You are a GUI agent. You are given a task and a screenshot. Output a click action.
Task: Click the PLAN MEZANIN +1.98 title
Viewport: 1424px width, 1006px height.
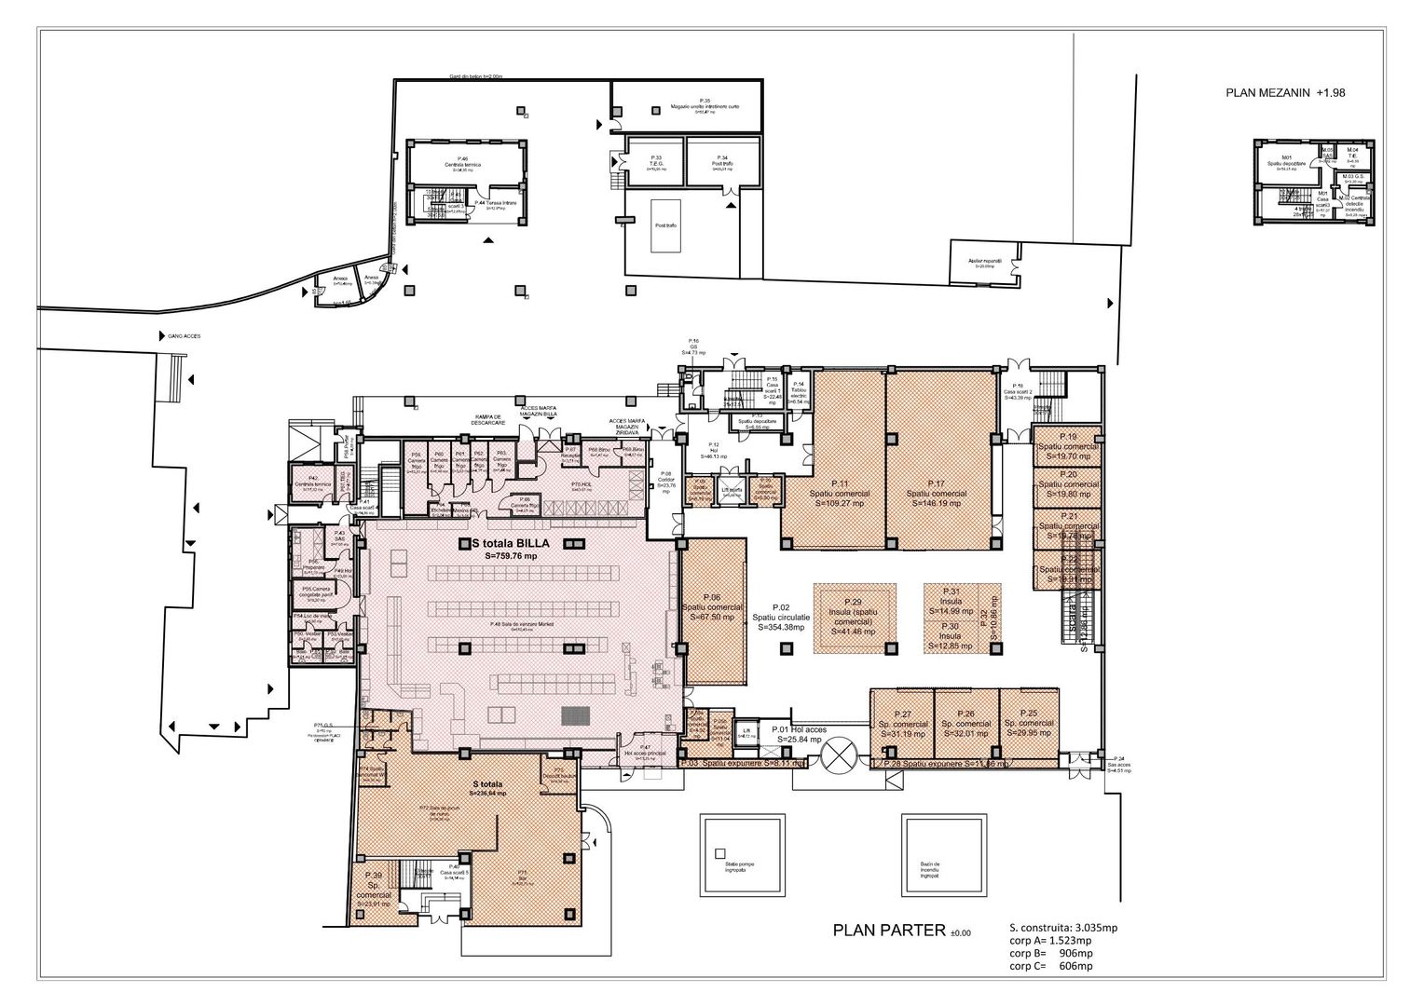(1284, 93)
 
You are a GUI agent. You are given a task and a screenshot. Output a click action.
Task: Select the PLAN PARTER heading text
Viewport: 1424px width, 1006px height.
(888, 930)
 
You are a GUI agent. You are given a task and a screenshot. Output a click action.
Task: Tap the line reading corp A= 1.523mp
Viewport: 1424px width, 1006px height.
(1051, 941)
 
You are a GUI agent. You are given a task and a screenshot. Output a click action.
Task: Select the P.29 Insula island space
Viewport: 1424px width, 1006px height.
(855, 616)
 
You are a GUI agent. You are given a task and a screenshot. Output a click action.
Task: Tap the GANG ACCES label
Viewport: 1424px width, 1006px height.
(184, 336)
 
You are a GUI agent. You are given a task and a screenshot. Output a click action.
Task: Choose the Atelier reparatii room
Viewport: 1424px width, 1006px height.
(984, 264)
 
